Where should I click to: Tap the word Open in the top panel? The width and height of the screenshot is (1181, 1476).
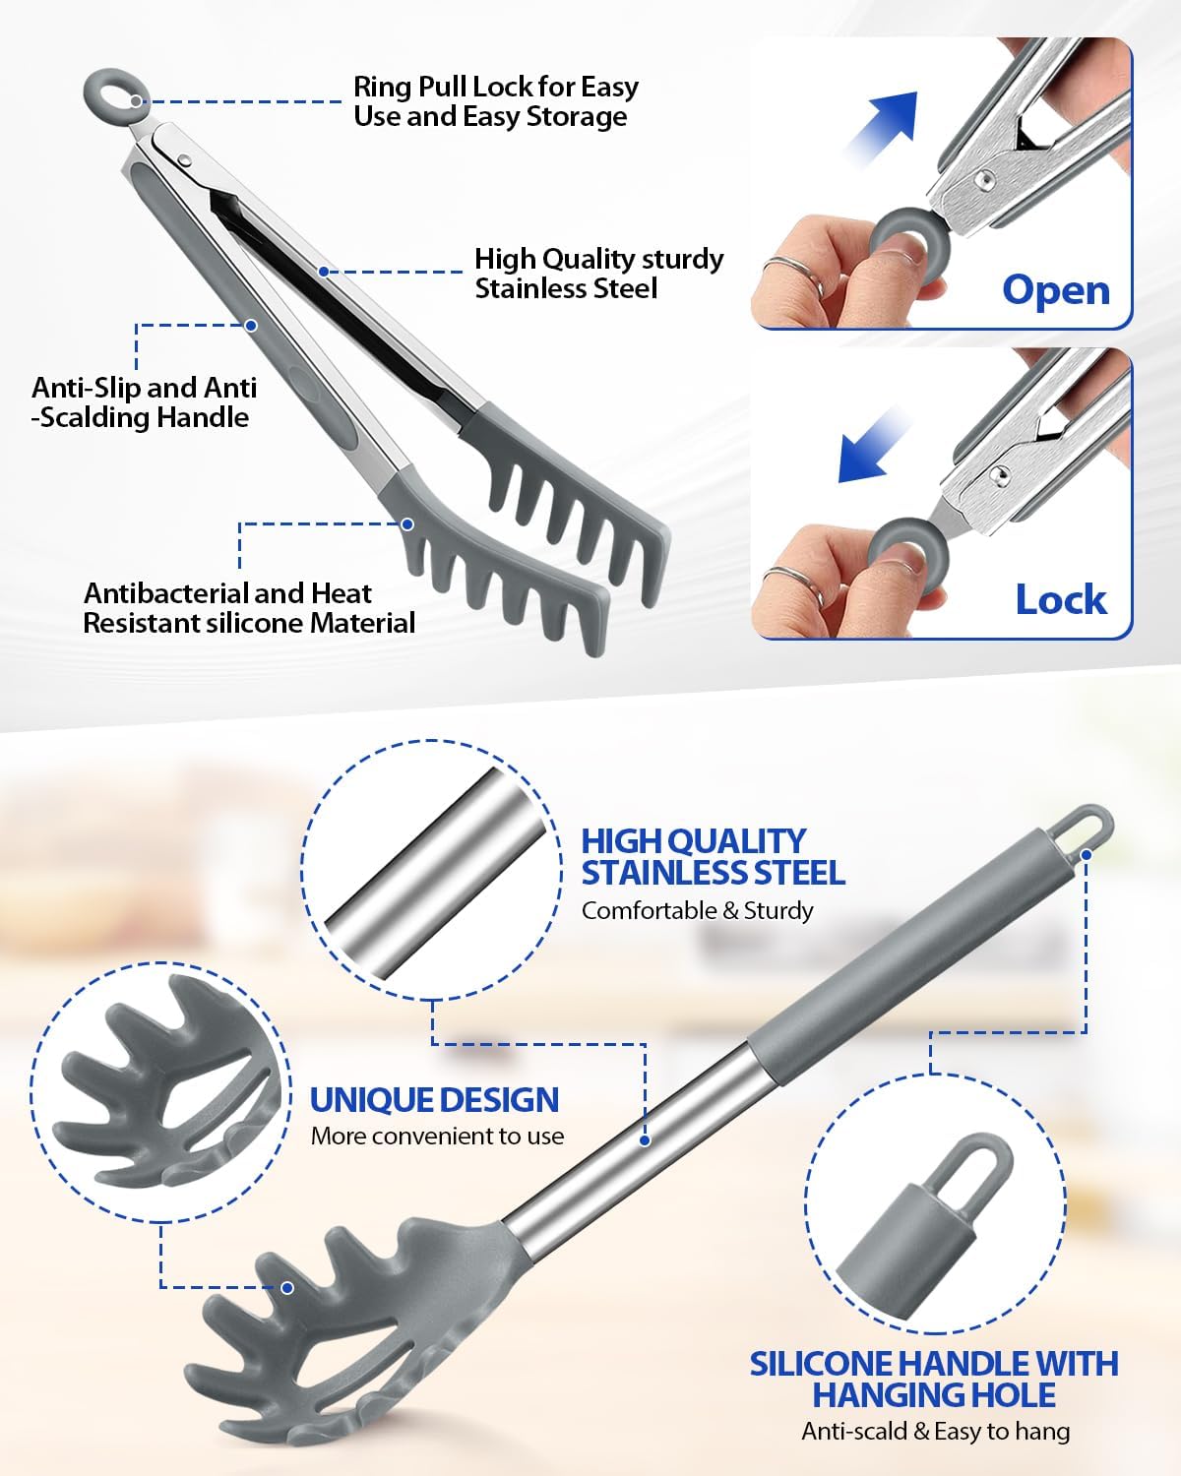1055,290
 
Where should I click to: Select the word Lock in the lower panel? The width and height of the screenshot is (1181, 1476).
1060,599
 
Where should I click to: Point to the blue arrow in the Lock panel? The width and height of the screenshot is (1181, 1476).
873,448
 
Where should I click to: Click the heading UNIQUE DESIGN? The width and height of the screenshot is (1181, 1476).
434,1099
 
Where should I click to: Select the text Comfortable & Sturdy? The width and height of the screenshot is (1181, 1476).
697,910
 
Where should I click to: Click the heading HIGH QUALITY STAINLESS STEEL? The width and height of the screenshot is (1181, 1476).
712,857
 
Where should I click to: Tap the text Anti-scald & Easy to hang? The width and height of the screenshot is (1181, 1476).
935,1431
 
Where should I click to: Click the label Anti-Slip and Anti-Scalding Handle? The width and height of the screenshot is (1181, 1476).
144,402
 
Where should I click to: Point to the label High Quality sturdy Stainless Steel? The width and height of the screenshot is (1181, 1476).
598,274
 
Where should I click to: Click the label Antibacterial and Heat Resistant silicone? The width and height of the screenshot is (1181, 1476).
248,608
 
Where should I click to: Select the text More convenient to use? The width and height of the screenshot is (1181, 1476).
437,1136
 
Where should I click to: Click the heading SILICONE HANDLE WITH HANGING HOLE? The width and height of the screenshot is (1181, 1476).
933,1379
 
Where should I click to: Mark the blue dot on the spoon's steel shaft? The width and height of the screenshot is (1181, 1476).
645,1140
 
